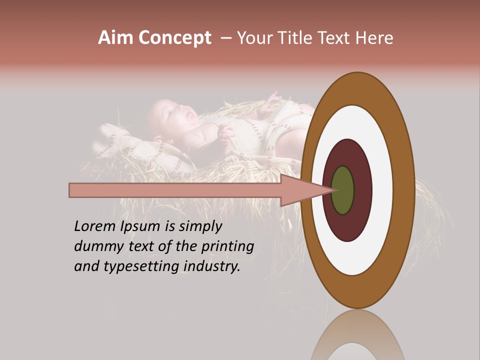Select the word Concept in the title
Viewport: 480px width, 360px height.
[175, 38]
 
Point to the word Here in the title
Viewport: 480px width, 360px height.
[374, 38]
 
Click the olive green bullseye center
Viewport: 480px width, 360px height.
[343, 190]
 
